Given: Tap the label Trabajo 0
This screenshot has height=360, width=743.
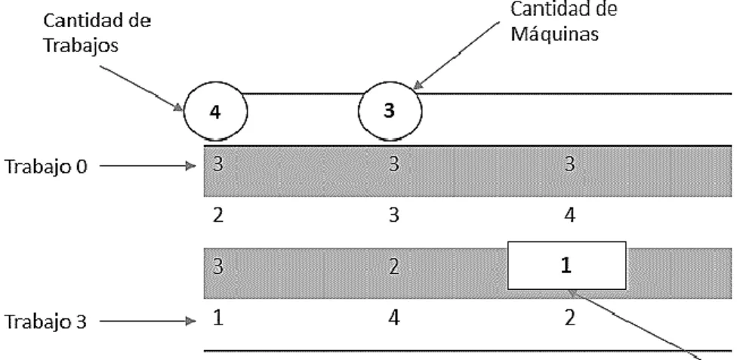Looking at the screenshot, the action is [46, 167].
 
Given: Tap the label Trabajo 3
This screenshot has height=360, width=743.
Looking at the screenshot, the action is [46, 322].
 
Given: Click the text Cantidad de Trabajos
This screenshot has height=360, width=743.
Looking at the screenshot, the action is [97, 32].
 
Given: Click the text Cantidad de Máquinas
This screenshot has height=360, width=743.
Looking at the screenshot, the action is [564, 21].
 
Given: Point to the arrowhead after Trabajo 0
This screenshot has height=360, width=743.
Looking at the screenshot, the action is [191, 166].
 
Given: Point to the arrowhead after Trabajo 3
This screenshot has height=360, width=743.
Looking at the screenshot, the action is [191, 322].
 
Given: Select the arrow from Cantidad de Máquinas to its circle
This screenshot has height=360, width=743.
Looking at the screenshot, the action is [456, 55].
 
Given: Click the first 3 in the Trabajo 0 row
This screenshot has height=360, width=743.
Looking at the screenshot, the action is [217, 164].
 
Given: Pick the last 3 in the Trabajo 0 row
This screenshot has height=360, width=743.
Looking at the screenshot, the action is [569, 164].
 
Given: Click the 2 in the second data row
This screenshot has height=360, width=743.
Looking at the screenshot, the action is [218, 215].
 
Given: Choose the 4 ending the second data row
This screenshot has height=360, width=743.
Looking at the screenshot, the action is [569, 215].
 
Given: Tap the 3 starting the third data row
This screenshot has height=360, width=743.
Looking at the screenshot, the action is [217, 266].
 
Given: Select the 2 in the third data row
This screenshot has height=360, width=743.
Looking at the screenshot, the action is [393, 266].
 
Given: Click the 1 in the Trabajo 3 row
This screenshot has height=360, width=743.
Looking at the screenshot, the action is [218, 318].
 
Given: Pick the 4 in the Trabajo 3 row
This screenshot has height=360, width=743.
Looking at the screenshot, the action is [393, 318].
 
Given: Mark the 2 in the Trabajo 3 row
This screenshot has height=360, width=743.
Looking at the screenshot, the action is [569, 318].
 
